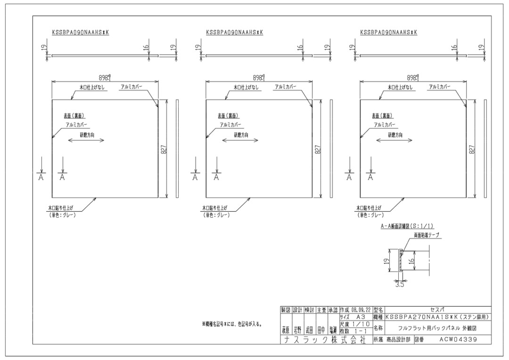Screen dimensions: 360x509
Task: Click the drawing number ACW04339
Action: [458, 339]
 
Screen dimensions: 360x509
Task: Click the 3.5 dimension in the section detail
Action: [400, 284]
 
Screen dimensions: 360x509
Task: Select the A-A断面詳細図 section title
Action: [407, 226]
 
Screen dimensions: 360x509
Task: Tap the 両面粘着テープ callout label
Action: [427, 234]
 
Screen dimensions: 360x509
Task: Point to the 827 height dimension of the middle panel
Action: [318, 149]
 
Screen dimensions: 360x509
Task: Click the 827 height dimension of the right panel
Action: [472, 149]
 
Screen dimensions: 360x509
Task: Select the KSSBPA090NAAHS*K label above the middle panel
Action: [234, 33]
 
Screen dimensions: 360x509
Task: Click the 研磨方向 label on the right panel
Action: [395, 135]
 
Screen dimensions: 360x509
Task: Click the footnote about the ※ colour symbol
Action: [232, 324]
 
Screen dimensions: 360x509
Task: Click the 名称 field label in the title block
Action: [378, 327]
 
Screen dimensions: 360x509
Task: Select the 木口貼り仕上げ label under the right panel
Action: [369, 207]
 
